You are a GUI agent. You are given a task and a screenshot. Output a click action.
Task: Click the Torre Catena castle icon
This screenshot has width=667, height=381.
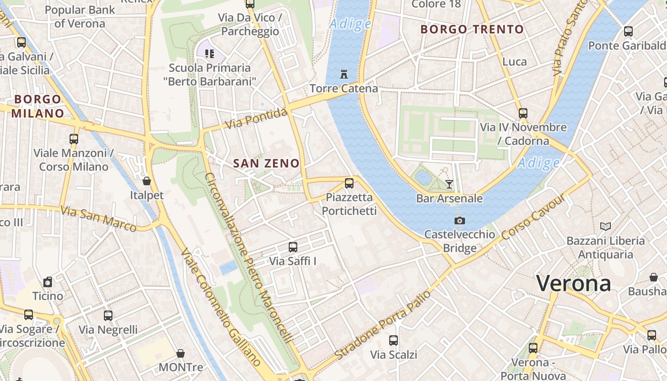[x=344, y=74]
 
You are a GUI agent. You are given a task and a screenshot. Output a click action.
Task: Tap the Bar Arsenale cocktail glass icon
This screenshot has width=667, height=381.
[x=449, y=184]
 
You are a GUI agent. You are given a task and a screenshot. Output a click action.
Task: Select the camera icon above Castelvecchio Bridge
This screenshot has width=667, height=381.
[x=459, y=221]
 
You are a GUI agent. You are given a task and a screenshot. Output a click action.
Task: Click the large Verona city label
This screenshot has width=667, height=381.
[x=574, y=283]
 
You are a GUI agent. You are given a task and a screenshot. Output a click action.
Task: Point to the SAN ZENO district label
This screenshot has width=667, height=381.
[x=266, y=163]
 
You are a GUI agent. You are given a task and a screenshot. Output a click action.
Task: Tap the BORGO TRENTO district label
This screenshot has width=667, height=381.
[x=472, y=30]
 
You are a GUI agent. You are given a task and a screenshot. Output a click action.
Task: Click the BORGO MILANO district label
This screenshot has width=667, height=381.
[x=38, y=106]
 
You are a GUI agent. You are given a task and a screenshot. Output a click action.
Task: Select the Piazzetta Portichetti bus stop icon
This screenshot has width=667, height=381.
[x=349, y=183]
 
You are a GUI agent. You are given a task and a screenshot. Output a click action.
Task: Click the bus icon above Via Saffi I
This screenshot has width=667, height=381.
[x=293, y=247]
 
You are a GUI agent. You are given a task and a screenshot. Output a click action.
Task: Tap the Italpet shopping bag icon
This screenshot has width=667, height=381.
[x=147, y=181]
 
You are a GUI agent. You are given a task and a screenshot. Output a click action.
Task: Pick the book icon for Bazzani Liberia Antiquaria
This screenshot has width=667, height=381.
[x=606, y=227]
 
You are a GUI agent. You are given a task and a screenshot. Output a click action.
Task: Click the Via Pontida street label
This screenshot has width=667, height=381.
[x=257, y=119]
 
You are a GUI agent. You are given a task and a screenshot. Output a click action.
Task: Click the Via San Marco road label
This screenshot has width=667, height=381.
[x=99, y=218]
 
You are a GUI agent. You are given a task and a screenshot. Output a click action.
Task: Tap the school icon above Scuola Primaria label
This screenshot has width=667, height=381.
[x=210, y=53]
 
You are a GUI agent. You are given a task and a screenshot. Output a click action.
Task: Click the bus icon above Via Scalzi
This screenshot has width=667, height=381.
[x=394, y=341]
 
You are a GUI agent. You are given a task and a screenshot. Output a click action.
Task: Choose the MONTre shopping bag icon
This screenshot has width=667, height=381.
[x=181, y=353]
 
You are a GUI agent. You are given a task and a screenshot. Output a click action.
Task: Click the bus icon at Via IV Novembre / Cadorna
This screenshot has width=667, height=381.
[x=523, y=113]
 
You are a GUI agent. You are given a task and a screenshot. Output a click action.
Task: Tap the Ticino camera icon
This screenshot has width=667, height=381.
[x=48, y=282]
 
